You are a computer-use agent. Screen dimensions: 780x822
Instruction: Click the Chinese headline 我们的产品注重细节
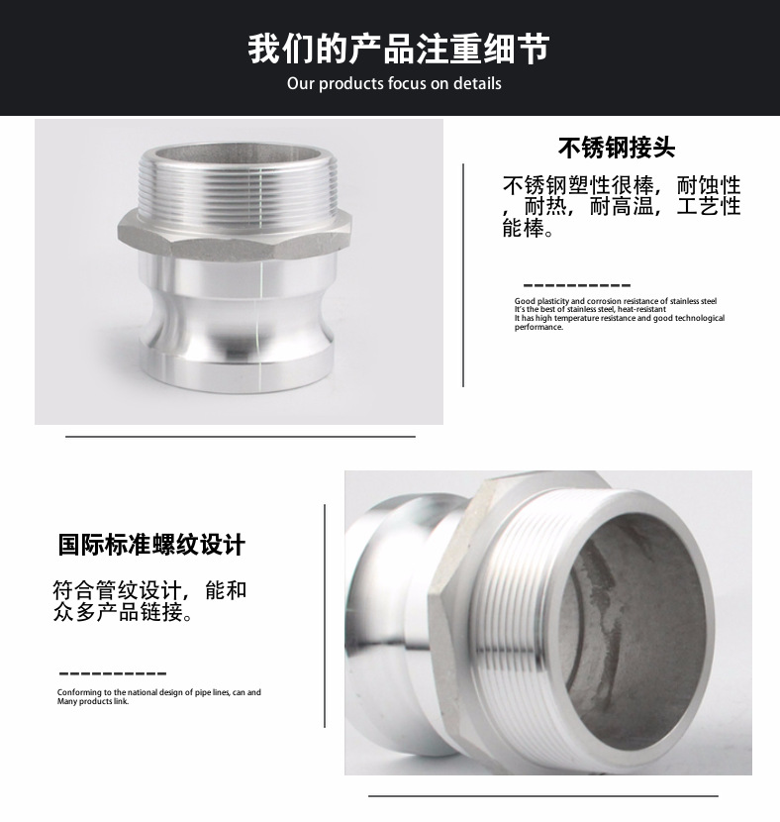pyautogui.click(x=399, y=50)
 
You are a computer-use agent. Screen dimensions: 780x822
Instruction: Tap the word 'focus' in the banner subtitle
pyautogui.click(x=407, y=83)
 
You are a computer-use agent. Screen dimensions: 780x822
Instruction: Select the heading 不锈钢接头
pyautogui.click(x=617, y=148)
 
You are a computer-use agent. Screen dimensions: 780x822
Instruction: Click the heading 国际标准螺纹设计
pyautogui.click(x=151, y=544)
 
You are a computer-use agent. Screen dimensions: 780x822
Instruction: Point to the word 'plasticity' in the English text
pyautogui.click(x=552, y=301)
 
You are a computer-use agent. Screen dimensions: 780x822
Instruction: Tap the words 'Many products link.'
pyautogui.click(x=93, y=701)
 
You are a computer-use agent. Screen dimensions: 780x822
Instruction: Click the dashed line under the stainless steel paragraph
pyautogui.click(x=577, y=285)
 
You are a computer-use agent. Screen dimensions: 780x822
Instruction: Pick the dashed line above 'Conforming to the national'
pyautogui.click(x=113, y=673)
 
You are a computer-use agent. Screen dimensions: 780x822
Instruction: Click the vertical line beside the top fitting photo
pyautogui.click(x=463, y=275)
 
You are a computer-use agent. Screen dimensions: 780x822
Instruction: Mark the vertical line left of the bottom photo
pyautogui.click(x=325, y=616)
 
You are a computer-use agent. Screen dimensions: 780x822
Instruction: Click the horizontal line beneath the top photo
pyautogui.click(x=241, y=436)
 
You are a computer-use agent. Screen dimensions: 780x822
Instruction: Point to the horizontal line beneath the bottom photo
pyautogui.click(x=543, y=796)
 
